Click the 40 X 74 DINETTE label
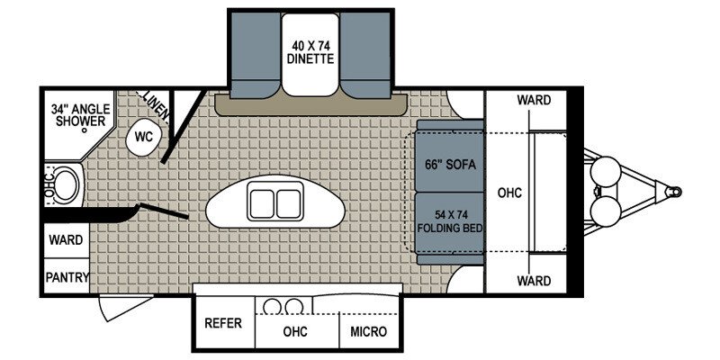[x=311, y=52]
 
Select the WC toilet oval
[x=143, y=137]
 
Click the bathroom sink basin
[x=63, y=184]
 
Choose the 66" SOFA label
[x=449, y=165]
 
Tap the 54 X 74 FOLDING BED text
[x=450, y=221]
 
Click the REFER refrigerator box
[x=222, y=323]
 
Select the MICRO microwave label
[x=369, y=332]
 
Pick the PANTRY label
[x=67, y=277]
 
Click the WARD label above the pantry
[x=67, y=240]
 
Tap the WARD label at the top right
[x=534, y=101]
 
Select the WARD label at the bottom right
[x=534, y=282]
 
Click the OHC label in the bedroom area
[x=509, y=193]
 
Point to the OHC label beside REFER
[x=295, y=332]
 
